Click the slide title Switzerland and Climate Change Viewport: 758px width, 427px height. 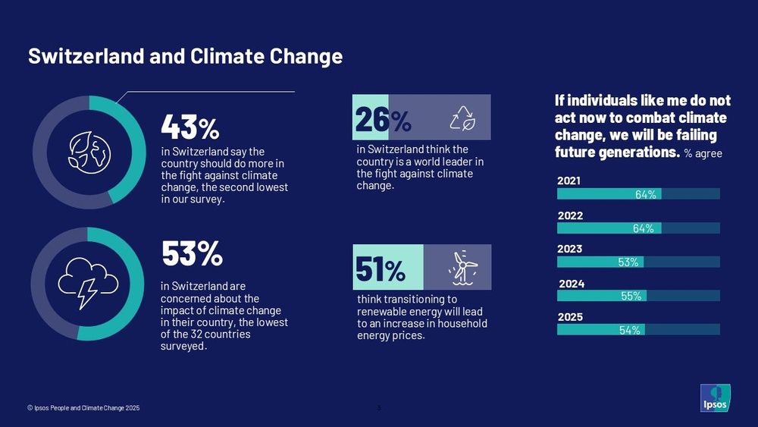pos(185,57)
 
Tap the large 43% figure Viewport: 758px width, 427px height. pos(189,127)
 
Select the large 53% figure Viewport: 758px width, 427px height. pos(192,255)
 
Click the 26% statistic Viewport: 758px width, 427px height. pos(383,118)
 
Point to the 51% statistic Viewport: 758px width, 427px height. pos(381,268)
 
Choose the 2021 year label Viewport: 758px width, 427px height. pos(569,181)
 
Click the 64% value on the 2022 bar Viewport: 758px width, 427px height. pos(643,228)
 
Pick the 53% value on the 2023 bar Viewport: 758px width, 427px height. pos(628,262)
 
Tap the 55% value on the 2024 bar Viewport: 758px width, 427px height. pos(631,297)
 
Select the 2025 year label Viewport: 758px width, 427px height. pos(570,317)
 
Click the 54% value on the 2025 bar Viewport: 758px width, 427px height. pos(629,330)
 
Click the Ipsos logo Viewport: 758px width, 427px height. pos(715,398)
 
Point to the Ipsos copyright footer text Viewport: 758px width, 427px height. pos(83,408)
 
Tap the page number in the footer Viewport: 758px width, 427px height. pos(379,408)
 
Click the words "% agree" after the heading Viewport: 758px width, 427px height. pos(703,154)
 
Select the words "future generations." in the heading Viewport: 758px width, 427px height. pos(616,152)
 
